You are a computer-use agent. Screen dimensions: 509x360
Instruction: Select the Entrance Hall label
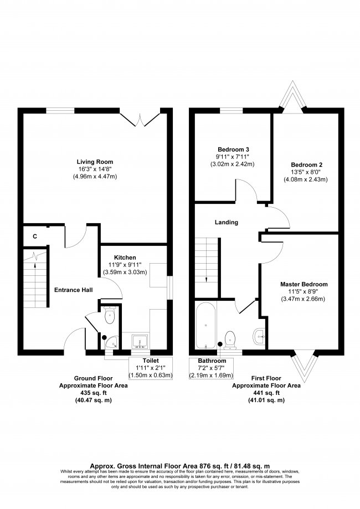click(x=73, y=290)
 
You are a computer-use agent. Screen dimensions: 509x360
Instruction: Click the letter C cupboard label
click(x=35, y=236)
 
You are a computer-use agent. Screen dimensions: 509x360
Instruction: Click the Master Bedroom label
click(x=304, y=284)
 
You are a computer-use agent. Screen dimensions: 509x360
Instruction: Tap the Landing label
click(x=227, y=222)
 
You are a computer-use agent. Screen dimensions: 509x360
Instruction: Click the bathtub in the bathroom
click(x=205, y=326)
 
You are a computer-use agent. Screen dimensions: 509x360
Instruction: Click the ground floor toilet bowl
click(x=110, y=317)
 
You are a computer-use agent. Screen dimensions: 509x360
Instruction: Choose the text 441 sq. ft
click(x=266, y=393)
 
